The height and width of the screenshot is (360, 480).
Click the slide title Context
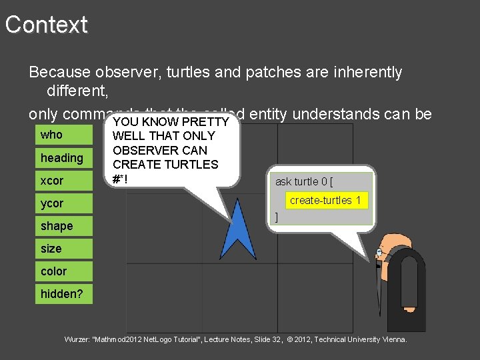47,25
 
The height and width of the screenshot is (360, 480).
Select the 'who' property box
63,135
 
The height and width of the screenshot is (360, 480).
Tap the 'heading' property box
63,158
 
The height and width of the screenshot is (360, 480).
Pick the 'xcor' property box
63,181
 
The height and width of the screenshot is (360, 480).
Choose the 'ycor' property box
63,203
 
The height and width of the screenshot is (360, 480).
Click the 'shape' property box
63,226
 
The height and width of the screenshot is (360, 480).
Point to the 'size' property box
63,249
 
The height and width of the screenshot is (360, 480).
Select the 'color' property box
63,271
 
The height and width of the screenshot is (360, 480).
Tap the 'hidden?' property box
63,294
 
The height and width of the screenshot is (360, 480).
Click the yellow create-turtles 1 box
325,200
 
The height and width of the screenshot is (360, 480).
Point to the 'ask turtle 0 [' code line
304,181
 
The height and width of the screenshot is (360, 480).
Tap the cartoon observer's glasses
380,253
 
